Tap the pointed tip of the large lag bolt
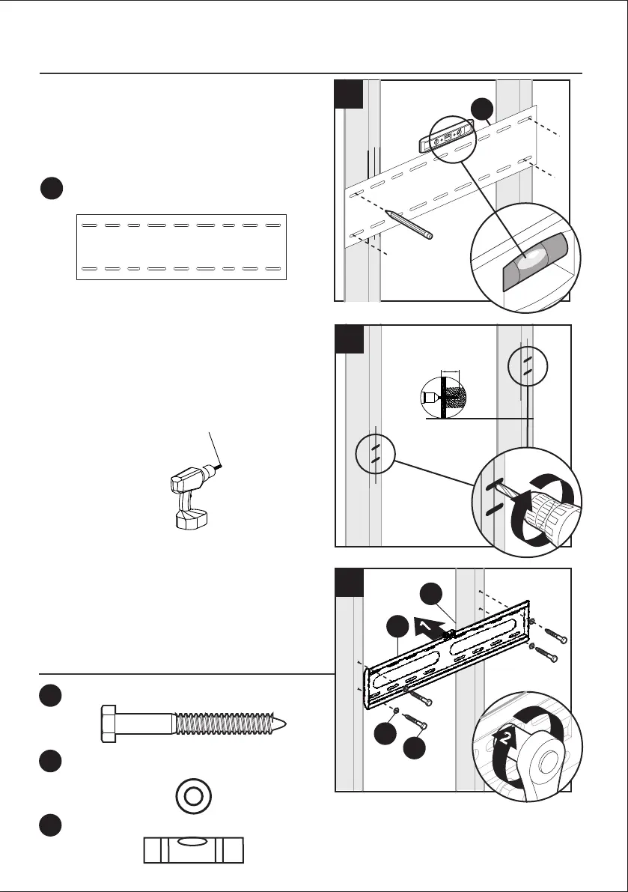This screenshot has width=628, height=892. [x=281, y=724]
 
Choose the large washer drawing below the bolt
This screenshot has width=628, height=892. [x=194, y=796]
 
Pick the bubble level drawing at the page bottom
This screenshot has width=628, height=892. [x=195, y=850]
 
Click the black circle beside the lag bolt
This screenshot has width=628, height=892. [x=51, y=695]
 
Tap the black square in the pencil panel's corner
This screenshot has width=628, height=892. [x=350, y=94]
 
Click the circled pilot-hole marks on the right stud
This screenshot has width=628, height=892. [x=527, y=365]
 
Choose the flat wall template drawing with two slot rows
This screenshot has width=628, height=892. [x=182, y=246]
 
